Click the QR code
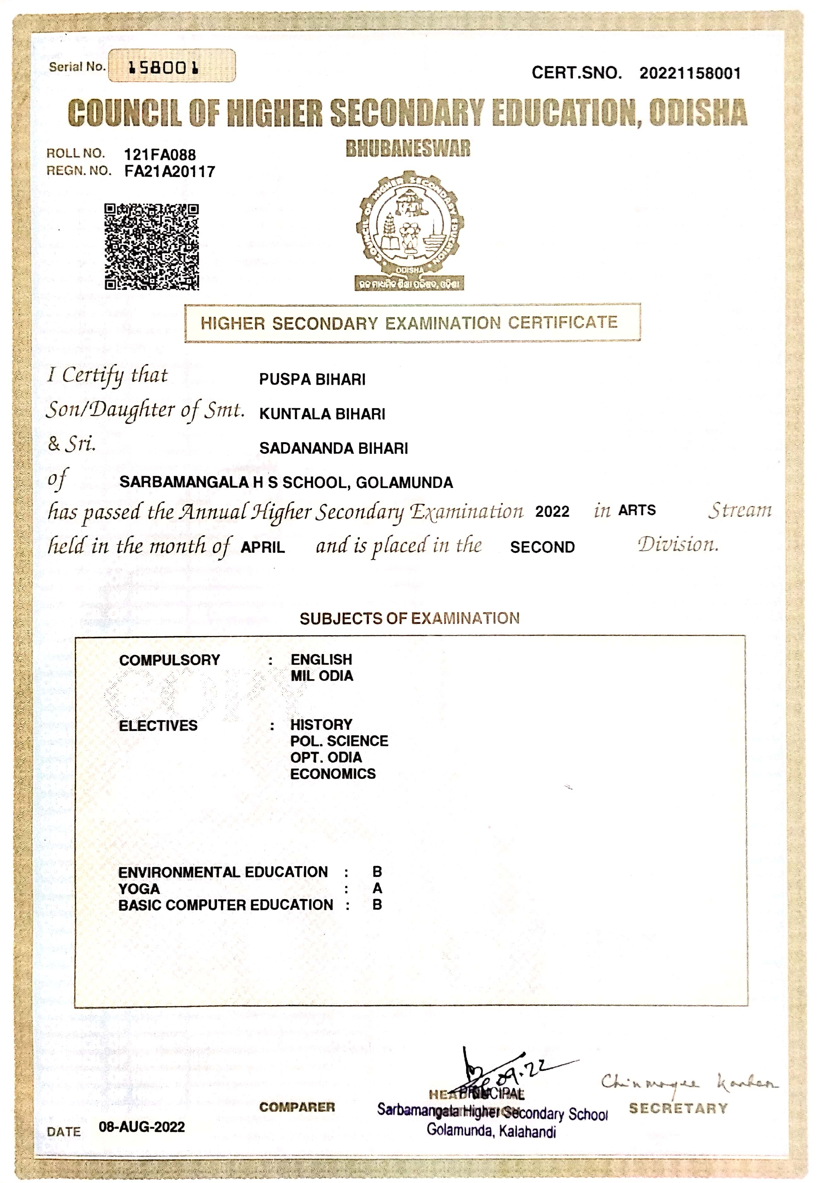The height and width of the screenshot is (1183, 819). pos(151,247)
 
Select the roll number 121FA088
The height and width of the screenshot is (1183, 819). pos(160,155)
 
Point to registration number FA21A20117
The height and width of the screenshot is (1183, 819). pos(169,171)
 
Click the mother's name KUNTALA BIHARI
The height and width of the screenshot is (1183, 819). pos(322,414)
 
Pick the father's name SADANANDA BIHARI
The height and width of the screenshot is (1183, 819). pos(333,448)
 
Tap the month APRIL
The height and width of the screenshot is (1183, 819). pos(263,547)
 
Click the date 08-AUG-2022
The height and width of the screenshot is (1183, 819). pos(142,1127)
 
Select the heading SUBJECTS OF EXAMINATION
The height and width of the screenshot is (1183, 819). pos(409,618)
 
